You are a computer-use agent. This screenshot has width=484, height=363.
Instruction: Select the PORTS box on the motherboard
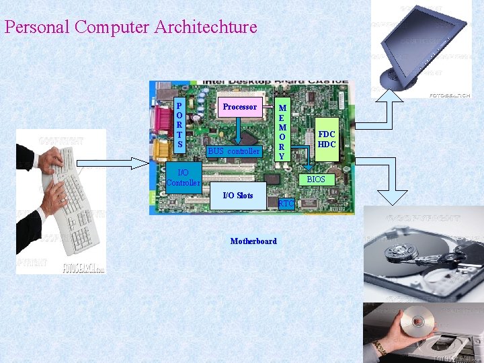(179, 126)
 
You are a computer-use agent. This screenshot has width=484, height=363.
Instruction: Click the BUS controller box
(233, 151)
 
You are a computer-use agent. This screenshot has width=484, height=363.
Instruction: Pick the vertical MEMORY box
(282, 132)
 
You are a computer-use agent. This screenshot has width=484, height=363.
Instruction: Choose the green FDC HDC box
(327, 140)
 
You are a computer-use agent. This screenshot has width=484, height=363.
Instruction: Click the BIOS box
(316, 179)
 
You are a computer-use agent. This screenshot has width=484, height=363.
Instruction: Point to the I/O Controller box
(183, 178)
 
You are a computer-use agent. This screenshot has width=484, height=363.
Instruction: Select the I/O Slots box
(238, 196)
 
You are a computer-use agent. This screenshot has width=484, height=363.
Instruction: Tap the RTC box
(286, 203)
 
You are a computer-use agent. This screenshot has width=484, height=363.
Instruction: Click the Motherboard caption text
(253, 241)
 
